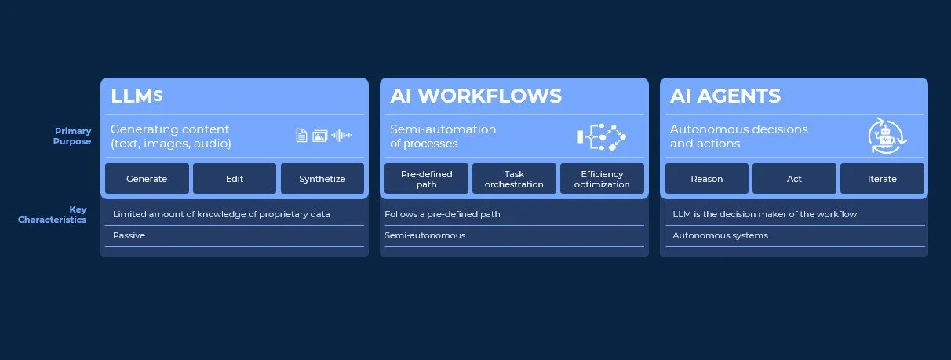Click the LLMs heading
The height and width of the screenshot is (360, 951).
[137, 96]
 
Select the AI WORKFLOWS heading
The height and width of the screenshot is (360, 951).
[475, 96]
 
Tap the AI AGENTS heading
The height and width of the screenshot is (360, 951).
[725, 96]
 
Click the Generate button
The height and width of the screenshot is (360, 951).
[147, 179]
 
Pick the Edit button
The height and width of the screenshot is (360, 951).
[235, 179]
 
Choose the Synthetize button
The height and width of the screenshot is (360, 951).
[322, 179]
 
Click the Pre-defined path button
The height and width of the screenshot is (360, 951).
[426, 179]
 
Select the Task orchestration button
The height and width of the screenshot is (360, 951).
[514, 179]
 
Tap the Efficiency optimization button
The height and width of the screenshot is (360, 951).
[602, 179]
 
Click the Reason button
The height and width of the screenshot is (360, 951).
[706, 179]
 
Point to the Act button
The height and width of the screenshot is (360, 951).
[794, 179]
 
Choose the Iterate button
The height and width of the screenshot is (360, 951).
[882, 179]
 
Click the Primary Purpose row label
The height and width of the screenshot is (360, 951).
[73, 136]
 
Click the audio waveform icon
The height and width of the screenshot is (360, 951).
[341, 136]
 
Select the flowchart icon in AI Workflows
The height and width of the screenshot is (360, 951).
[602, 136]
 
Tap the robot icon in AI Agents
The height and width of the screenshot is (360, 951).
[887, 136]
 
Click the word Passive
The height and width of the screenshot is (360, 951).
[129, 235]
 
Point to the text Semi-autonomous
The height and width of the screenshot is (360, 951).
[424, 235]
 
